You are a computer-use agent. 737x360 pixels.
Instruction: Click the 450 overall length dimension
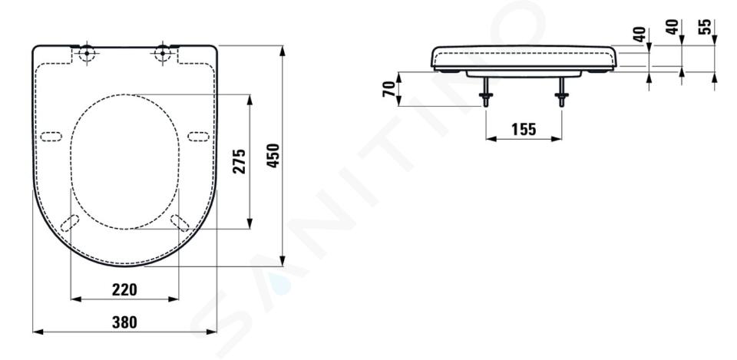273,156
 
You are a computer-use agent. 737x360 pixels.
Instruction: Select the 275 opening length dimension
240,161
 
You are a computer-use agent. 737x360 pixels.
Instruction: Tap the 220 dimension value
124,289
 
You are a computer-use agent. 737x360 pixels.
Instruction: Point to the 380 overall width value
124,322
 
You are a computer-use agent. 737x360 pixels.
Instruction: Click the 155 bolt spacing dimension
523,129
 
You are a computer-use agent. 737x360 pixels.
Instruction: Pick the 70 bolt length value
389,89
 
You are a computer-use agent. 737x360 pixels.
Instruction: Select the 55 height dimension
705,27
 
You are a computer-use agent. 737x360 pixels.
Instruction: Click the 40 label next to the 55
673,27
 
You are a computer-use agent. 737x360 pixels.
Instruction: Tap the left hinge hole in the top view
87,53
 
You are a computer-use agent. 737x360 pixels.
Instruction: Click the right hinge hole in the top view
163,53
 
